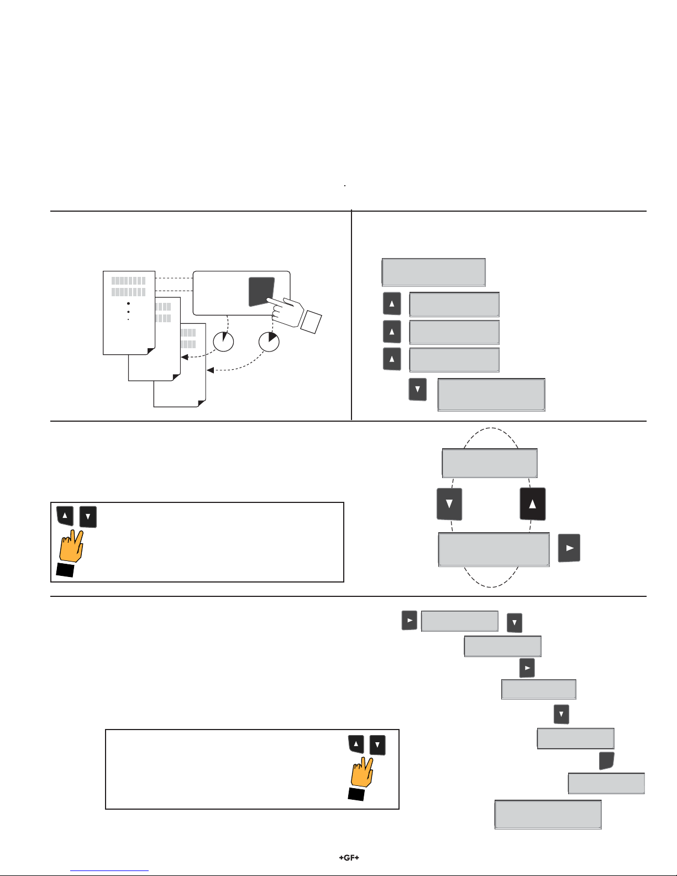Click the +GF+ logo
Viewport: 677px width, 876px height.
coord(349,857)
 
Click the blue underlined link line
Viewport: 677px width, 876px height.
coord(109,871)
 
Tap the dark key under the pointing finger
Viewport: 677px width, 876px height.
coord(261,291)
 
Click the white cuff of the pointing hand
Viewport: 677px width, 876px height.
coord(311,322)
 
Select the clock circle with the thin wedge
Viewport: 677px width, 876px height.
coord(223,342)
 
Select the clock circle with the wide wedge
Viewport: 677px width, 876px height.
coord(269,342)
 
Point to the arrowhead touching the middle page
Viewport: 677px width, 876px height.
coord(185,357)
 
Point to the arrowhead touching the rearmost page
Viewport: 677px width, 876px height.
coord(210,370)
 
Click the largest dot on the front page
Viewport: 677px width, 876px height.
coord(128,303)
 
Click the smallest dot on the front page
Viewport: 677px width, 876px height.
coord(128,319)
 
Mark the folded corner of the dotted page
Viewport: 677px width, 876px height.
coord(151,351)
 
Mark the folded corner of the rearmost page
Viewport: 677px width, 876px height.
coord(202,403)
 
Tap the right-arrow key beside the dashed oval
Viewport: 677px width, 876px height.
coord(569,548)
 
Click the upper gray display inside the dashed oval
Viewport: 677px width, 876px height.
coord(490,463)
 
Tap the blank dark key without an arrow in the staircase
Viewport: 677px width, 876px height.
coord(606,760)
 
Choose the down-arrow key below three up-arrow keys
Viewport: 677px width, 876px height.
coord(417,390)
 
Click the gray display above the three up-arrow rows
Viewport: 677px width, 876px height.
coord(434,272)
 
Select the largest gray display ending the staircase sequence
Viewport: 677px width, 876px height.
coord(548,814)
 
